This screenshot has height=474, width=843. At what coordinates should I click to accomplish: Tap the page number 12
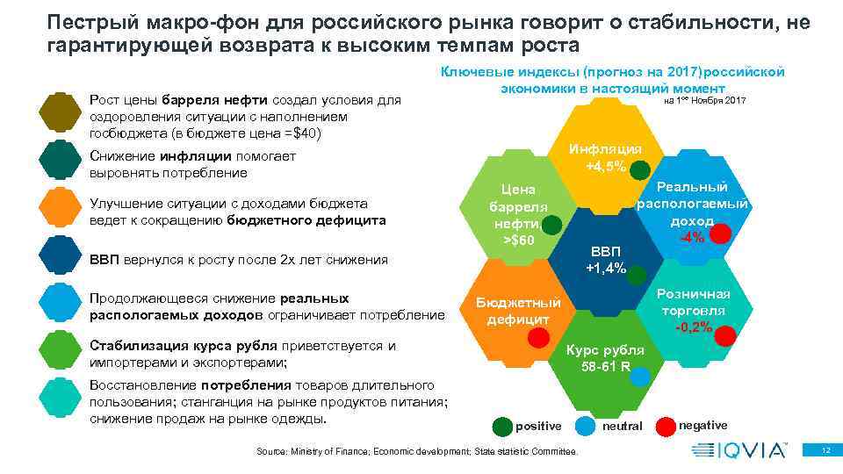[824, 449]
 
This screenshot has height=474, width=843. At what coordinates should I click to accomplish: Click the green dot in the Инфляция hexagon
[641, 169]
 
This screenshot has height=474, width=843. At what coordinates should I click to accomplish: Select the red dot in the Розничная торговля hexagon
[727, 335]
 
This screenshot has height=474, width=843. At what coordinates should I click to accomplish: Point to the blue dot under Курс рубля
[641, 376]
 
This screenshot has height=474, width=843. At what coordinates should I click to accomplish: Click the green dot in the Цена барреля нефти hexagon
[551, 226]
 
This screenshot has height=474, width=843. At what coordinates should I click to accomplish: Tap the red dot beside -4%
[720, 234]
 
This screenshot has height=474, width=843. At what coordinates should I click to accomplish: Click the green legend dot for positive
[501, 427]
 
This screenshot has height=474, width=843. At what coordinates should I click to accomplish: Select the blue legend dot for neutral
[586, 427]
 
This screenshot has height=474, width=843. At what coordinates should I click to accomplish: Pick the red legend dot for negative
[667, 426]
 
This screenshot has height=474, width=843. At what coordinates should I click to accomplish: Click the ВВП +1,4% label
[606, 260]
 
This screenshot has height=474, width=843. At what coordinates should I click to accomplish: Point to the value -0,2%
[693, 327]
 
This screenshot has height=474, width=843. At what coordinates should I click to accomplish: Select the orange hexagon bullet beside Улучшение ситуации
[61, 212]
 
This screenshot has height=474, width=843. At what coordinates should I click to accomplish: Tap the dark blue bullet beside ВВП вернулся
[61, 259]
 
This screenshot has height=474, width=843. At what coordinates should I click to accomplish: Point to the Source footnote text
[417, 451]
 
